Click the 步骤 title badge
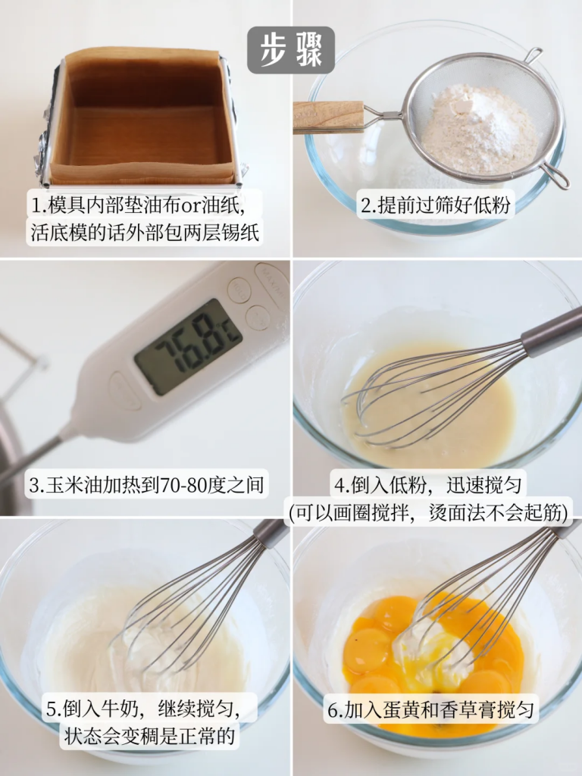[291, 50]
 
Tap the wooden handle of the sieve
[329, 117]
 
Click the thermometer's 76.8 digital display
[188, 346]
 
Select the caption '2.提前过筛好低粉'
[436, 205]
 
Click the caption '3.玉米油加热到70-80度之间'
[146, 484]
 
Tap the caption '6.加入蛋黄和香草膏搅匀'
[430, 710]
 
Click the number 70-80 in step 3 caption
[182, 485]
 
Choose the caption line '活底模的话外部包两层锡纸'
[145, 232]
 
